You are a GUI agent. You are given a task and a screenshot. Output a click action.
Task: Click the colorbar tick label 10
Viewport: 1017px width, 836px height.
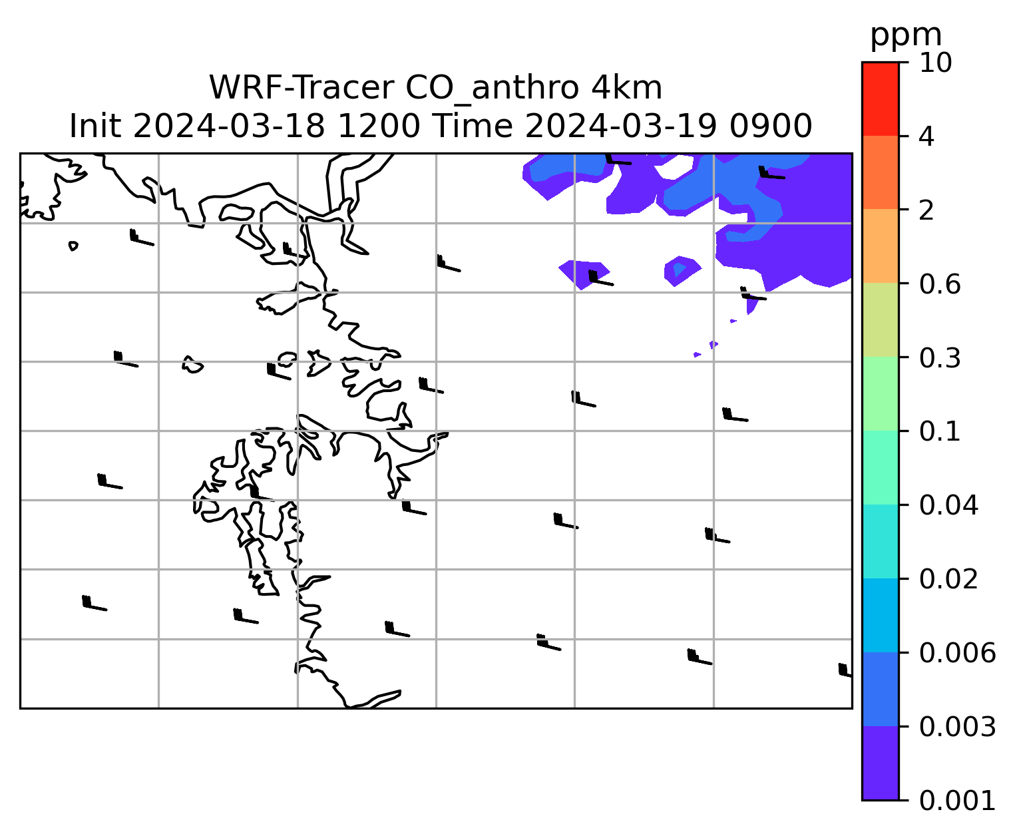[935, 63]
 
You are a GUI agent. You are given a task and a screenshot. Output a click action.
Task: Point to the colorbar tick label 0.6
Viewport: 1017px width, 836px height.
[939, 284]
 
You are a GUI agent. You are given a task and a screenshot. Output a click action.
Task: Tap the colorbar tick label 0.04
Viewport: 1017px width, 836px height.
[948, 505]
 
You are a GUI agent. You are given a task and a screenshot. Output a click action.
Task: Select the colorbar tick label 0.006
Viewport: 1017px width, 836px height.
[957, 653]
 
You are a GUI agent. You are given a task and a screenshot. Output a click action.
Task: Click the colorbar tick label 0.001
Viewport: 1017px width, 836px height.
[957, 801]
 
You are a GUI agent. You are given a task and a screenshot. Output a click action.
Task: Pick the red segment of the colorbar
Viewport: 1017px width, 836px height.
[880, 99]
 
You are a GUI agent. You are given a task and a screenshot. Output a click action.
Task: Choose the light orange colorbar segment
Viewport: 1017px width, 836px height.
[880, 246]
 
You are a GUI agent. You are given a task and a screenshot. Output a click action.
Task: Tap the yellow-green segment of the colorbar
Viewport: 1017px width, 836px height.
[880, 319]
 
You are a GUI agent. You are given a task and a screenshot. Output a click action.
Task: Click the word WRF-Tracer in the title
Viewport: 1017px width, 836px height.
[302, 88]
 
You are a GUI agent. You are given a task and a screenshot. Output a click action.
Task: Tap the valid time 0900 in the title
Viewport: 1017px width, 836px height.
[771, 126]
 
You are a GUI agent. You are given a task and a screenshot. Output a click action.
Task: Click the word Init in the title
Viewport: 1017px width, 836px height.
[95, 126]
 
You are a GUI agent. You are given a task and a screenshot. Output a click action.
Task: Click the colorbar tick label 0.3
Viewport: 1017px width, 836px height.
[939, 357]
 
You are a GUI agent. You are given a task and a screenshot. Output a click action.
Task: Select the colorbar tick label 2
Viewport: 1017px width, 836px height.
[926, 210]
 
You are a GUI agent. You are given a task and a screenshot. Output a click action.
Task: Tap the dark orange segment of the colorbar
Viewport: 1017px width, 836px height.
[880, 172]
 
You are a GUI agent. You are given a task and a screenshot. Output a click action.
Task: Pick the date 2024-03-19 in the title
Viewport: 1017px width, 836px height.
[621, 126]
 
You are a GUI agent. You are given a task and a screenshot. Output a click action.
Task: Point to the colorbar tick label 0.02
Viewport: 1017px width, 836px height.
[948, 579]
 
